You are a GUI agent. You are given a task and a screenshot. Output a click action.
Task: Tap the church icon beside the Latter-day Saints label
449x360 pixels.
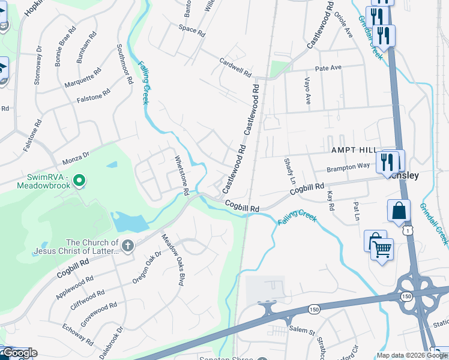click(127, 245)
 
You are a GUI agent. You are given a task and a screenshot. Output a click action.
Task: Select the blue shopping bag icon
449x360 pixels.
click(399, 211)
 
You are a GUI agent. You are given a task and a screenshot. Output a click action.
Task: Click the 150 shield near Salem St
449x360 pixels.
click(314, 309)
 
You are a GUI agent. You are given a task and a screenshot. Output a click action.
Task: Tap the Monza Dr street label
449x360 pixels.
click(76, 159)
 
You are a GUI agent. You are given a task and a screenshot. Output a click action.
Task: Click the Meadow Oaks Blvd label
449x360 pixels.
click(171, 260)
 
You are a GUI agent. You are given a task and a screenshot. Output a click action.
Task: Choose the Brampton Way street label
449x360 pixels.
click(348, 170)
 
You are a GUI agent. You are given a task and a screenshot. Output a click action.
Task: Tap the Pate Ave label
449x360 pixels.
click(328, 68)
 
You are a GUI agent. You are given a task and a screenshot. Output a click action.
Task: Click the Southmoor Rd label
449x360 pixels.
click(124, 63)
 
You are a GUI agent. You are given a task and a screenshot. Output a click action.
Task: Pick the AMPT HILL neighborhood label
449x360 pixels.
click(353, 150)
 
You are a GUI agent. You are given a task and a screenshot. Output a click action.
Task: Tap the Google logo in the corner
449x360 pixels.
click(19, 353)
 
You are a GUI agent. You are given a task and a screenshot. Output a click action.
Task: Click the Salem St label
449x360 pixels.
click(303, 331)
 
